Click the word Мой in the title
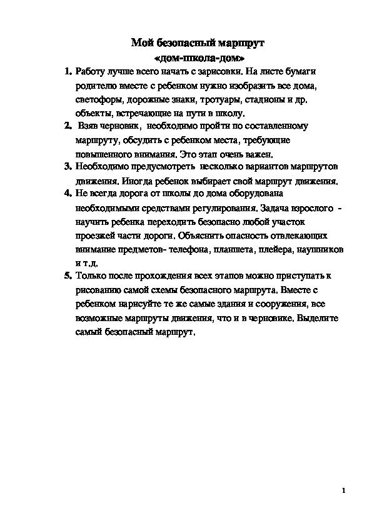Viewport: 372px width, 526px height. [x=140, y=43]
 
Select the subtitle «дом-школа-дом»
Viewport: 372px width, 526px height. [x=198, y=57]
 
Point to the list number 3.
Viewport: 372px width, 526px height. [x=68, y=167]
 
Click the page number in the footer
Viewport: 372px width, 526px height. [x=344, y=490]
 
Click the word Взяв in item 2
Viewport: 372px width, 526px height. [x=88, y=126]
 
